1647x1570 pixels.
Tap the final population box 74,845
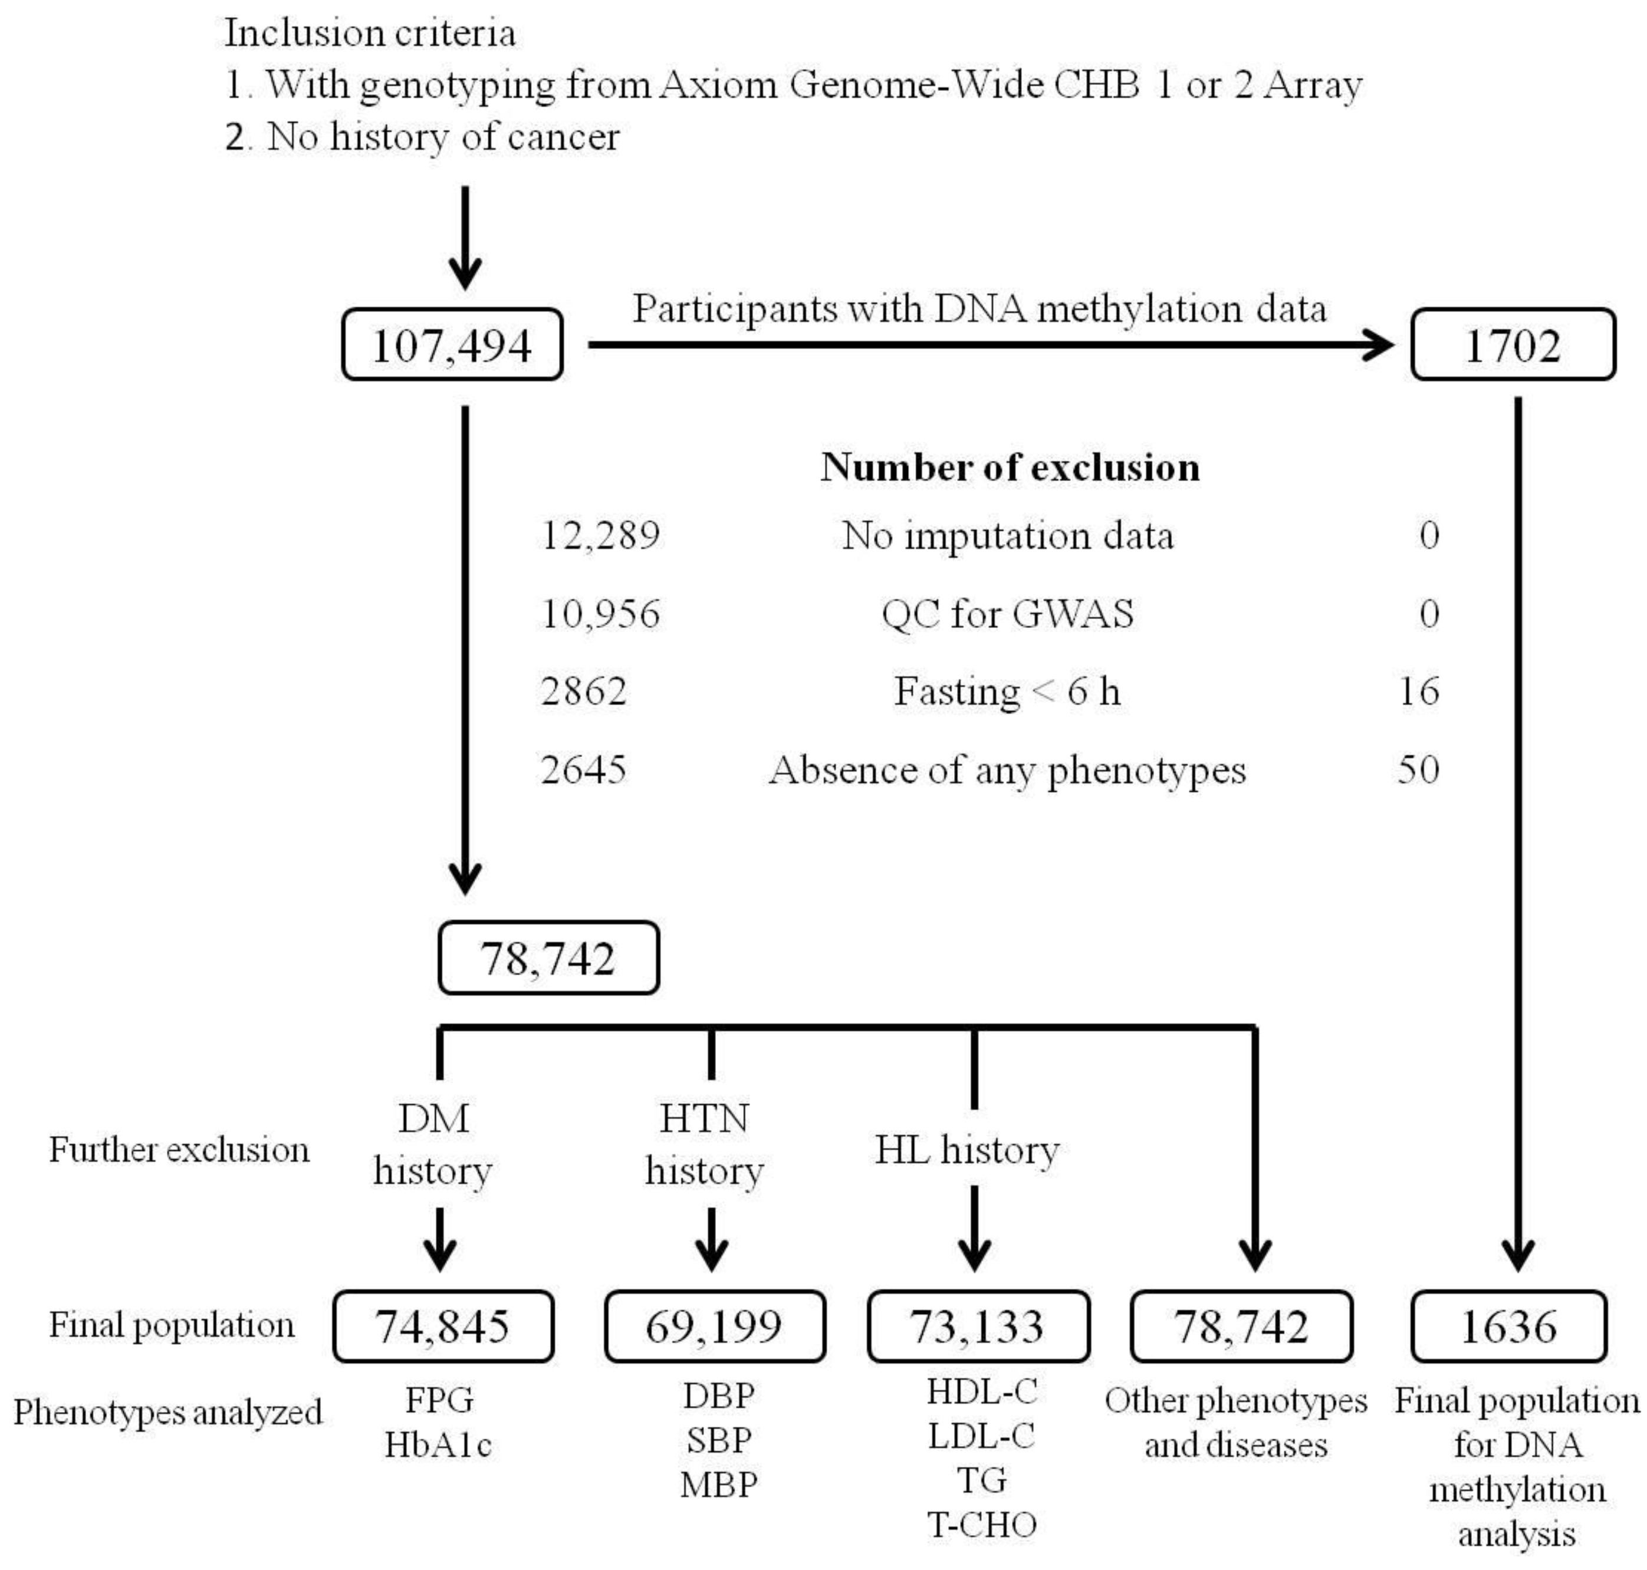pos(443,1327)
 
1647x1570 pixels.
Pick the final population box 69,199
pos(714,1327)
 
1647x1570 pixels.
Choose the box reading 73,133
pos(978,1327)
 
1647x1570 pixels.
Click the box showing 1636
pos(1508,1327)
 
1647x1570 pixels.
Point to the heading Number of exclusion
pos(1010,467)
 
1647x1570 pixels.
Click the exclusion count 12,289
pos(600,535)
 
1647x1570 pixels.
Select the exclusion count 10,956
pos(600,614)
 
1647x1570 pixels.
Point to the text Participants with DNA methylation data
pos(978,308)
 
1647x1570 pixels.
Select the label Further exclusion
pos(179,1149)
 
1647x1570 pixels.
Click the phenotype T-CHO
pos(982,1525)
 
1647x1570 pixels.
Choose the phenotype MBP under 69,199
pos(718,1485)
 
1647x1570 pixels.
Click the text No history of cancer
pos(443,136)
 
